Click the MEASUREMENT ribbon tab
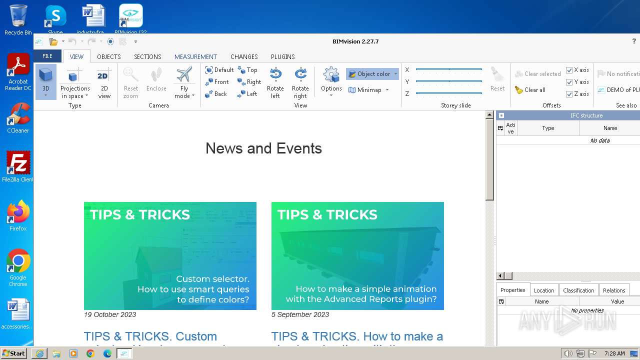tap(195, 56)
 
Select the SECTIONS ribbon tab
tap(147, 56)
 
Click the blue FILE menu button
tap(47, 56)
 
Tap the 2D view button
tap(103, 83)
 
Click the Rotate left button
tap(275, 83)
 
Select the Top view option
tap(248, 70)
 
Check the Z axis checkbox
tap(569, 94)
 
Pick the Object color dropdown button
tap(372, 74)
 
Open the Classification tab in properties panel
tap(578, 290)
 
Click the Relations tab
tap(614, 290)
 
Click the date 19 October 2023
tap(110, 314)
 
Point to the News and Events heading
tap(263, 148)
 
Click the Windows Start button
tap(14, 353)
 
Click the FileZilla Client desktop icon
tap(18, 165)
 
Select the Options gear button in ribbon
tap(331, 80)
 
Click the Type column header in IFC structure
tap(548, 128)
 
